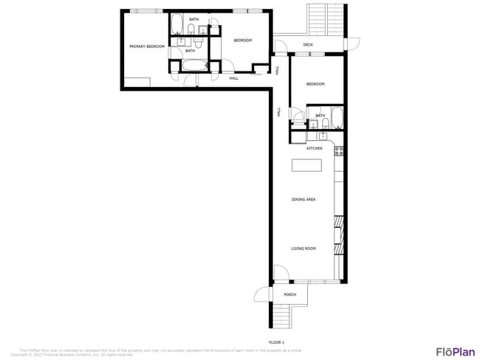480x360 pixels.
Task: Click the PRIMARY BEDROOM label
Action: click(x=146, y=46)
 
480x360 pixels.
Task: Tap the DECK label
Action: click(x=309, y=45)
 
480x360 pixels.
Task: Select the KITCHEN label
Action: click(x=315, y=148)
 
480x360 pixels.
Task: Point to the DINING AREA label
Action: click(x=304, y=199)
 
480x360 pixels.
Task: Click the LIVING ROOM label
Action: click(x=303, y=249)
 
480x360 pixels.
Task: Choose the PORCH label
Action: click(x=290, y=294)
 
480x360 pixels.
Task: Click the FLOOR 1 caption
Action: click(x=276, y=342)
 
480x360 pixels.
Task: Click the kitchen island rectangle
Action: click(x=306, y=165)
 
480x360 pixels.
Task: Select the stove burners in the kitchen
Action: click(x=339, y=150)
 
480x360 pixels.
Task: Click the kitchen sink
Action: click(x=321, y=136)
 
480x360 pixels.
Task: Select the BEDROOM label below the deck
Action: click(x=315, y=84)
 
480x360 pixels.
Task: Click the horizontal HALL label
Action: click(x=233, y=78)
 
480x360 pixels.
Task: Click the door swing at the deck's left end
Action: click(x=281, y=46)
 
